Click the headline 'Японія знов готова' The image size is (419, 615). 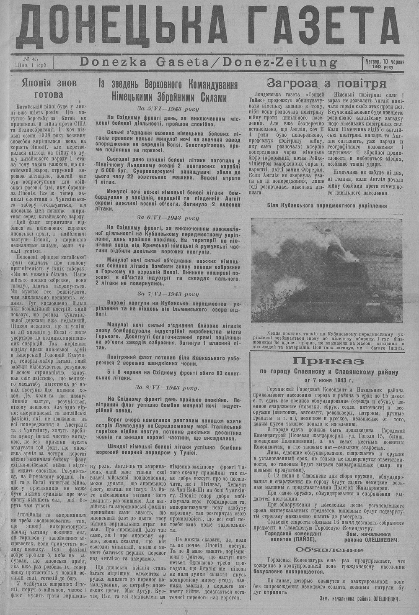pyautogui.click(x=49, y=88)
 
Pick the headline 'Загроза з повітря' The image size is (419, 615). pyautogui.click(x=326, y=82)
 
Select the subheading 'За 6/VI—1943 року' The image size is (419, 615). pyautogui.click(x=168, y=218)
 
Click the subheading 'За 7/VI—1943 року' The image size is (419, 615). pyautogui.click(x=168, y=294)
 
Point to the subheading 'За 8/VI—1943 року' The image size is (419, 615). pyautogui.click(x=168, y=387)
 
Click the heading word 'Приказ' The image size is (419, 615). pyautogui.click(x=328, y=361)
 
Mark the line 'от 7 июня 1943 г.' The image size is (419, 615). pyautogui.click(x=328, y=380)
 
